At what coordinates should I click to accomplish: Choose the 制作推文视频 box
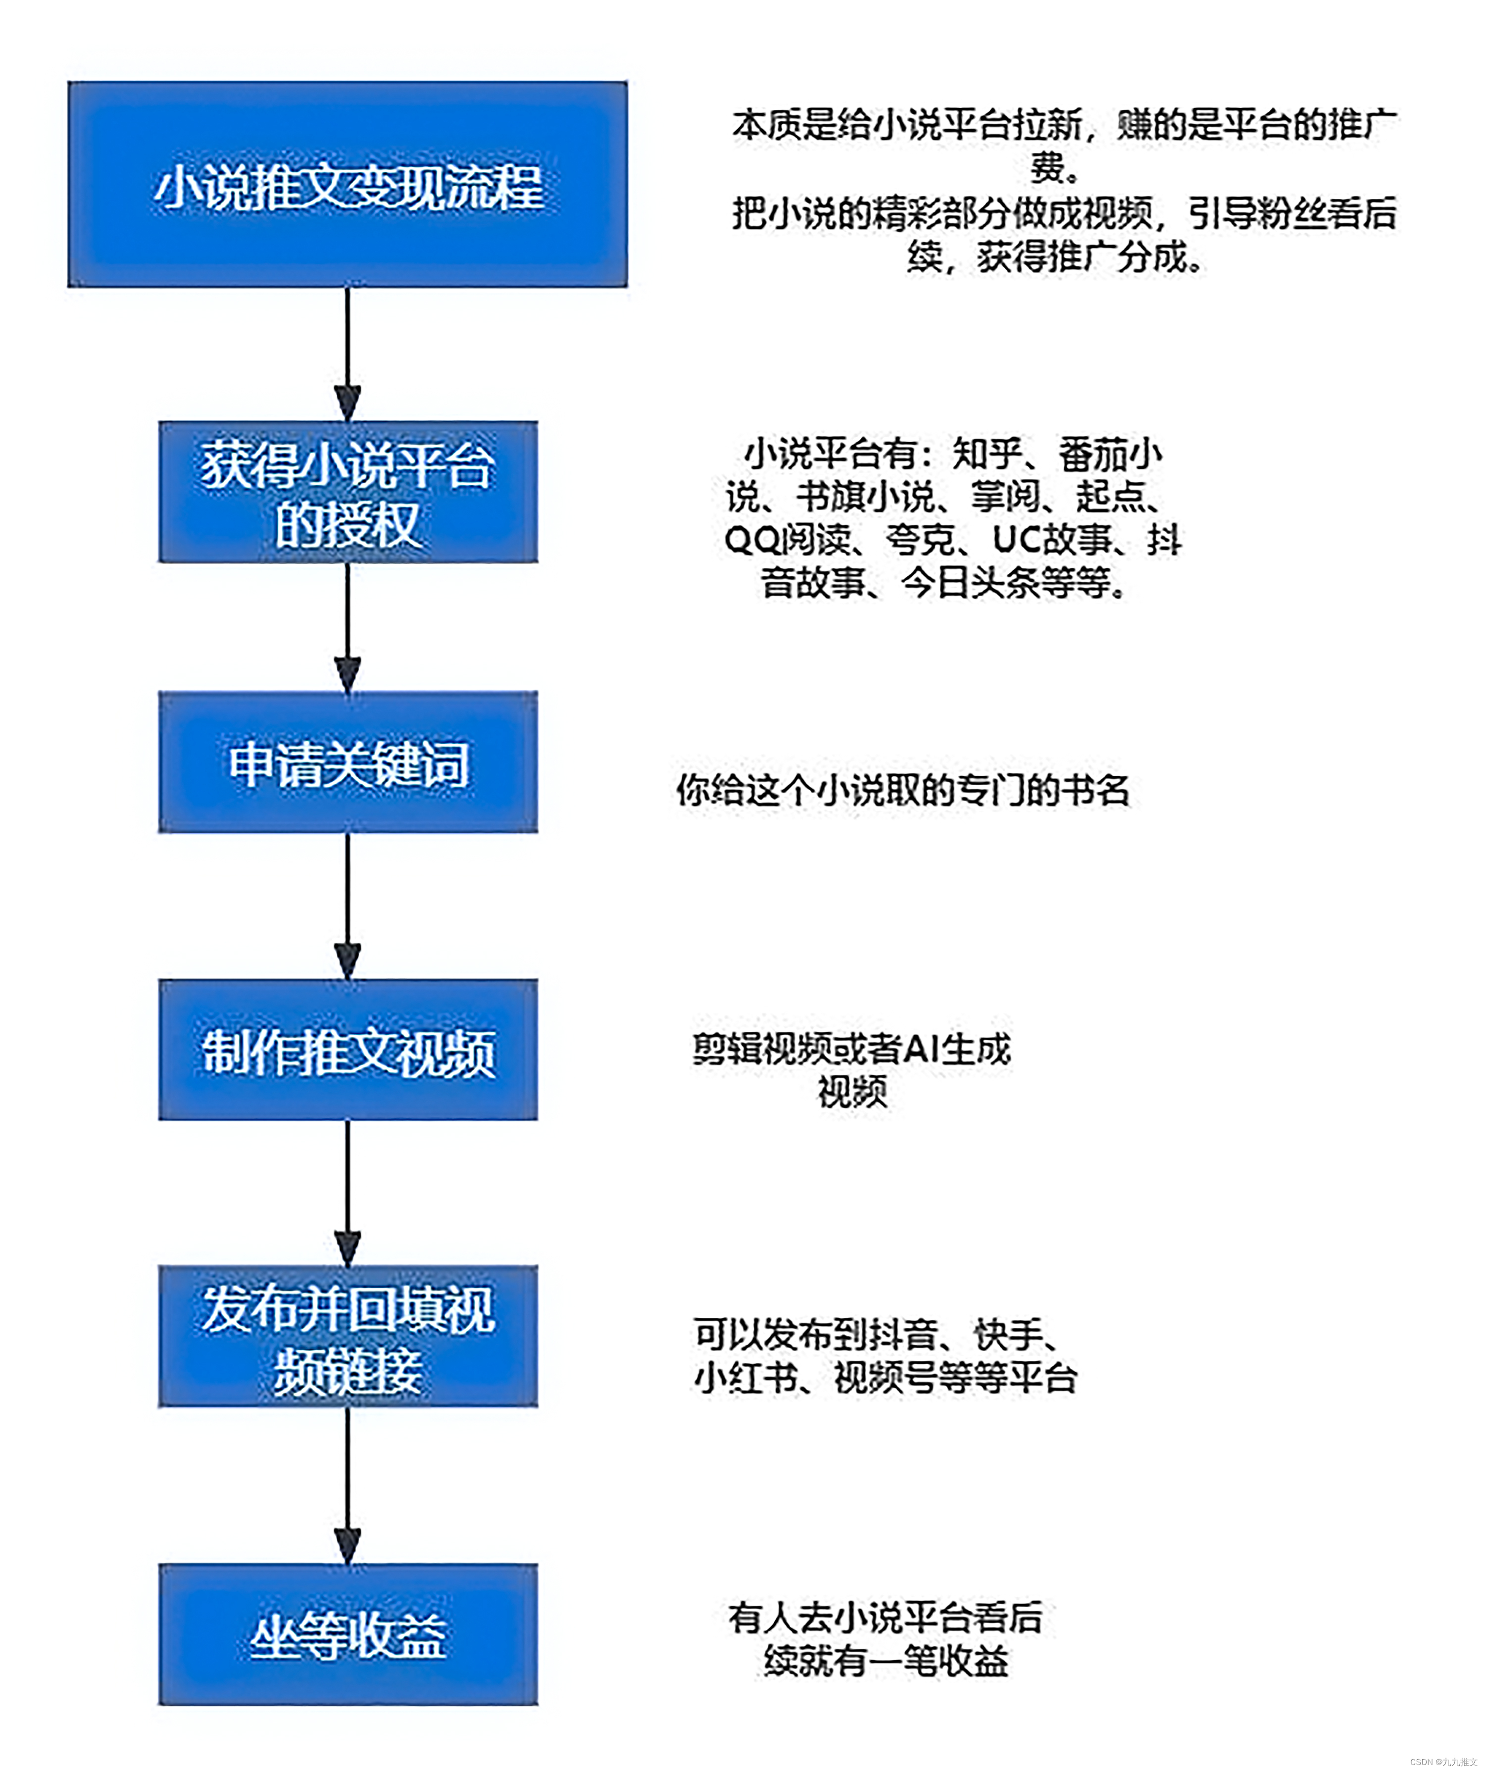347,1050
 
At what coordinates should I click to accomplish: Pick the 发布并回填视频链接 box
347,1336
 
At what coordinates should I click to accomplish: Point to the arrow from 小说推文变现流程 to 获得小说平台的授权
347,354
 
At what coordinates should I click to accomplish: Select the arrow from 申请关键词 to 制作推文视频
347,907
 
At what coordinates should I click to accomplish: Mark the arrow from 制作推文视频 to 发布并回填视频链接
347,1193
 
